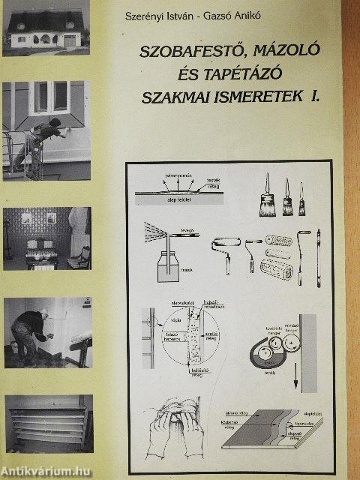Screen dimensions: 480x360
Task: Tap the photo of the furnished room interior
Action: click(x=46, y=238)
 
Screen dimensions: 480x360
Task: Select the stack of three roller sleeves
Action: click(x=278, y=255)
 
